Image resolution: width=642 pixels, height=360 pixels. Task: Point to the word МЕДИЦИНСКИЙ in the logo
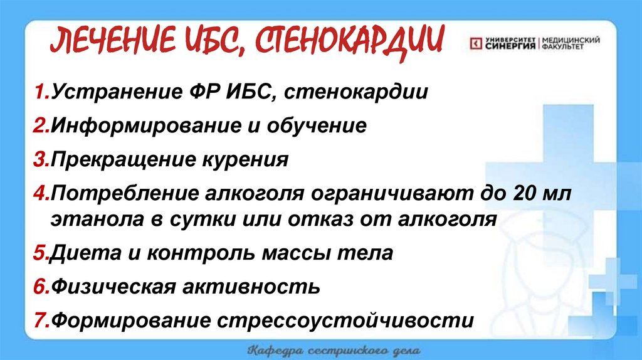click(x=570, y=40)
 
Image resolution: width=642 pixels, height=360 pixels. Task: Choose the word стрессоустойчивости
click(x=345, y=320)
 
